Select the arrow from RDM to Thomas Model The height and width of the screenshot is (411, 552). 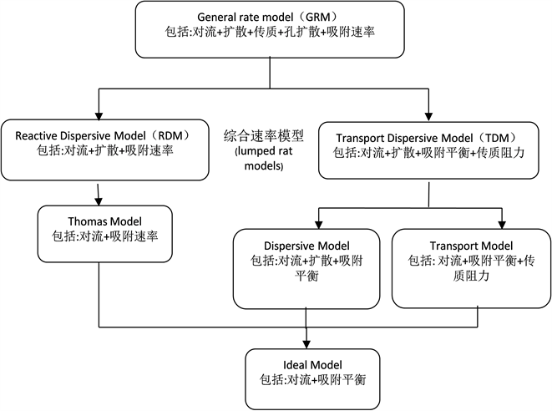[99, 194]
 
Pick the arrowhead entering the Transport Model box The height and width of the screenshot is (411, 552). [504, 223]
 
